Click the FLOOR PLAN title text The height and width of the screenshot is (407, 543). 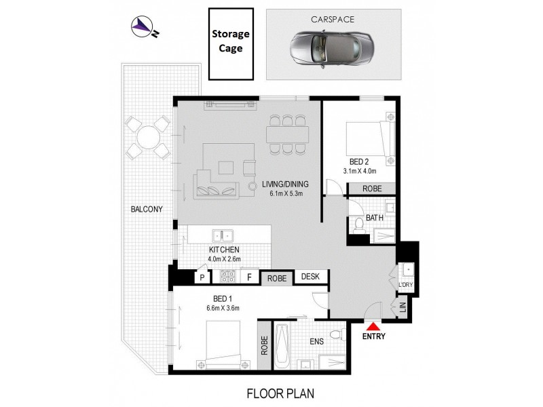[x=280, y=393]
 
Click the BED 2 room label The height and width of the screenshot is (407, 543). [x=359, y=162]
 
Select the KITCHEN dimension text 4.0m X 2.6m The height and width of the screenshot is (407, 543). [x=224, y=259]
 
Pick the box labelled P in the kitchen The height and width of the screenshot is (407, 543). [x=202, y=277]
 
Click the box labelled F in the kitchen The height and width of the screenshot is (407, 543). [x=249, y=277]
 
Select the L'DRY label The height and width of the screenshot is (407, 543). [x=405, y=286]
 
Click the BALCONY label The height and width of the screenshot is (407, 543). [x=146, y=210]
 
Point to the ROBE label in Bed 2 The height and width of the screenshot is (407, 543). [x=371, y=189]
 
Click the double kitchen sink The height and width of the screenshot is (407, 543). [x=223, y=236]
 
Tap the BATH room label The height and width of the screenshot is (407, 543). [x=375, y=218]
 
